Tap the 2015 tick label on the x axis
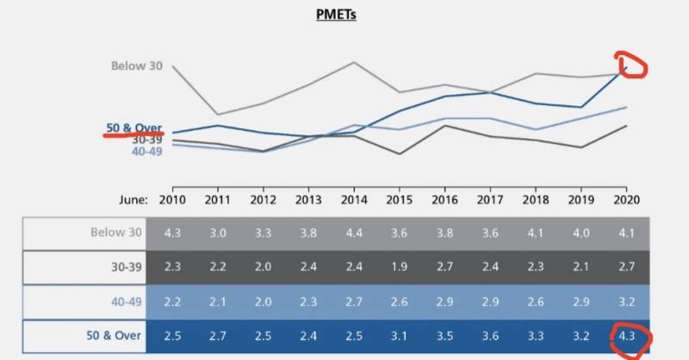(400, 199)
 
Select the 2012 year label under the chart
(263, 199)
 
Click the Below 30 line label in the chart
(136, 65)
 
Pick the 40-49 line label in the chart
(146, 152)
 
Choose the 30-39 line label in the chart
(146, 140)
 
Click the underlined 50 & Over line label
(133, 128)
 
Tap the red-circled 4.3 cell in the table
(626, 334)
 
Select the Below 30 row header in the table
(115, 233)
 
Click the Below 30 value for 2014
(354, 233)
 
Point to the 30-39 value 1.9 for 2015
(400, 267)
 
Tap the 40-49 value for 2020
(626, 301)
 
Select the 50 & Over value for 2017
(490, 335)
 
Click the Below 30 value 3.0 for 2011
(218, 233)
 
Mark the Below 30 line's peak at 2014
(354, 62)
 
